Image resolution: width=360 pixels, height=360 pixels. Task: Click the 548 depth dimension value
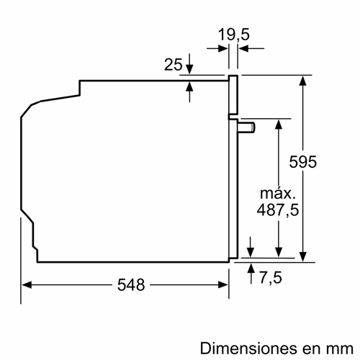coord(130,284)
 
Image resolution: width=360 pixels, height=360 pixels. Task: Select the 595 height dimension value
coord(303,163)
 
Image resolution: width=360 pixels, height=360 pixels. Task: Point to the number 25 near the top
coord(174,65)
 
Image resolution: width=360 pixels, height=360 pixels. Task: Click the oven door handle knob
coord(249,127)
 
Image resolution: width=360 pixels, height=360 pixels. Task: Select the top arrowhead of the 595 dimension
coord(304,80)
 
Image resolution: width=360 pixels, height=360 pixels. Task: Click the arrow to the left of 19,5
coord(222,48)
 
